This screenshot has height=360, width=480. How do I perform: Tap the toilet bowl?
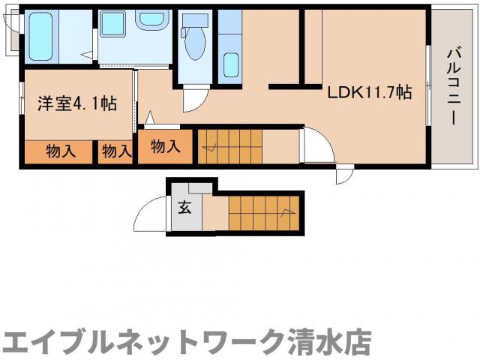(x=194, y=46)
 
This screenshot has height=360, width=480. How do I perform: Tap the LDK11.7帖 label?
(x=368, y=92)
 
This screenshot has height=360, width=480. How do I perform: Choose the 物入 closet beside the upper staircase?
(x=165, y=146)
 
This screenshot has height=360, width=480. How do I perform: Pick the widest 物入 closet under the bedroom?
(x=60, y=151)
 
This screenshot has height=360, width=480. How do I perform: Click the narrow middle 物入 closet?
(x=115, y=151)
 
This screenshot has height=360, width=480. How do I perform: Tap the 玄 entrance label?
(x=184, y=208)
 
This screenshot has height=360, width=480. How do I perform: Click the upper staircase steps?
(x=228, y=144)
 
